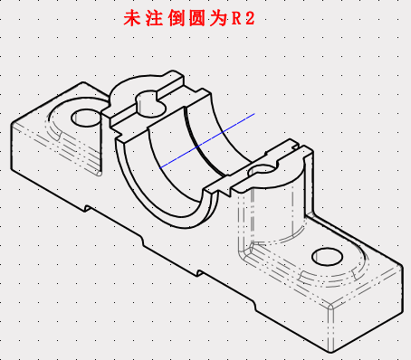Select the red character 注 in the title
coord(153,19)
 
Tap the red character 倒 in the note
coord(176,19)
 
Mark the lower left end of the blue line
coord(160,168)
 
